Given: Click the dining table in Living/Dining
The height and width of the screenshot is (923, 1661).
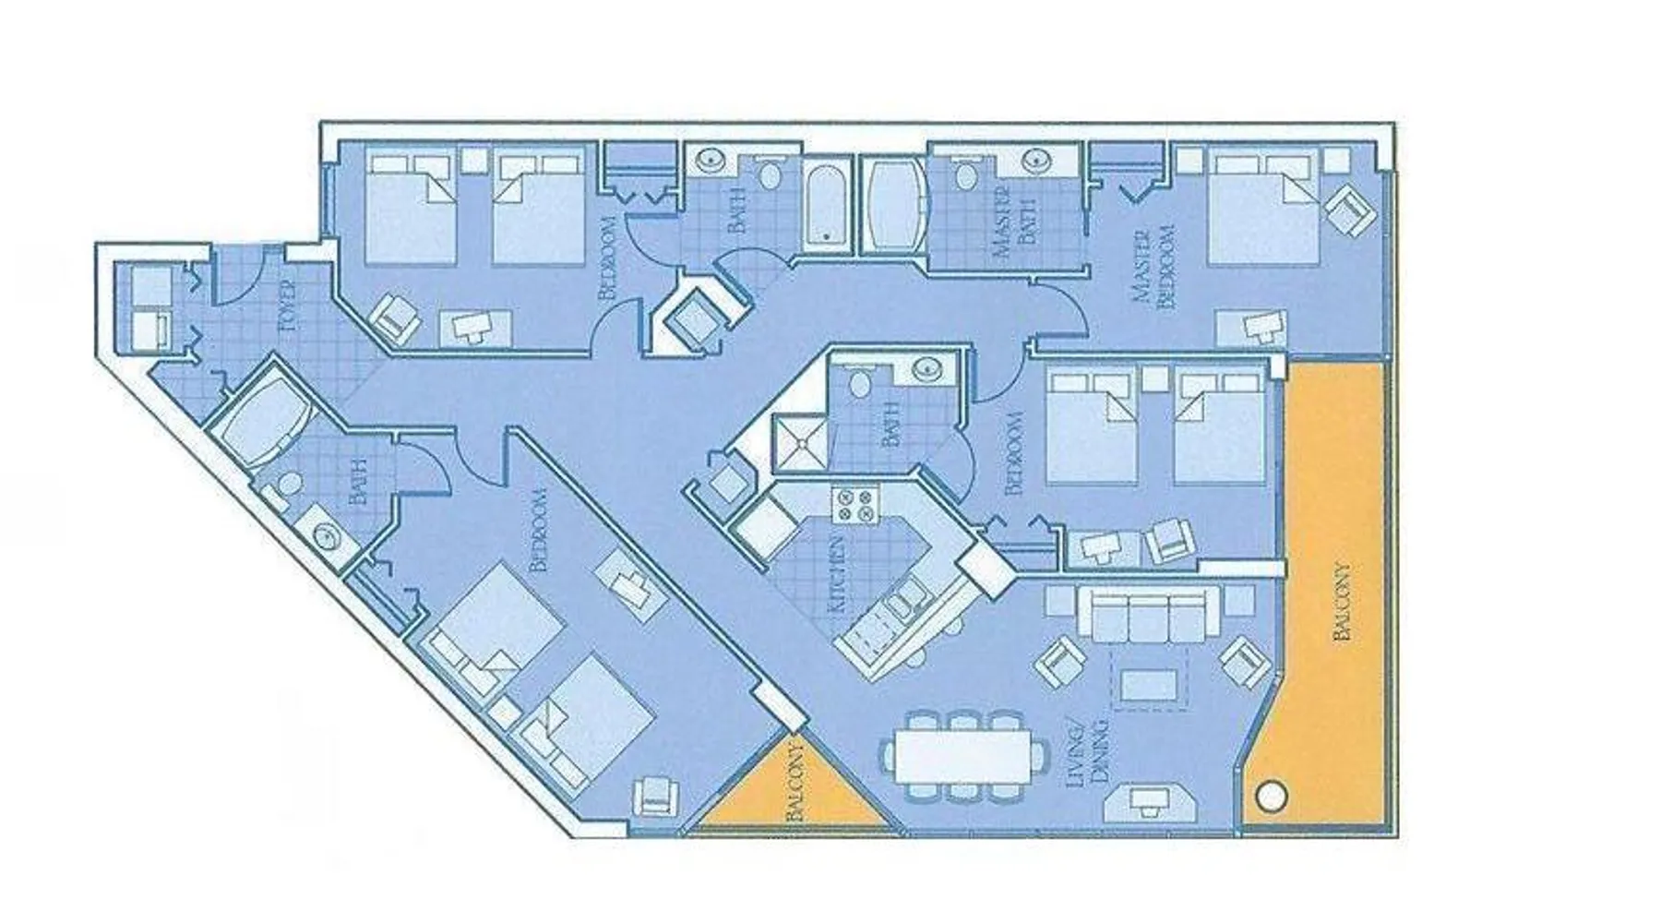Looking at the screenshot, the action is pyautogui.click(x=966, y=757).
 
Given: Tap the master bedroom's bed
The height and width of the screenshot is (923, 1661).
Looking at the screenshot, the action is pyautogui.click(x=1261, y=209).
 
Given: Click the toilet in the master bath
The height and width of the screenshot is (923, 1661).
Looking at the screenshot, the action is pyautogui.click(x=966, y=174).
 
